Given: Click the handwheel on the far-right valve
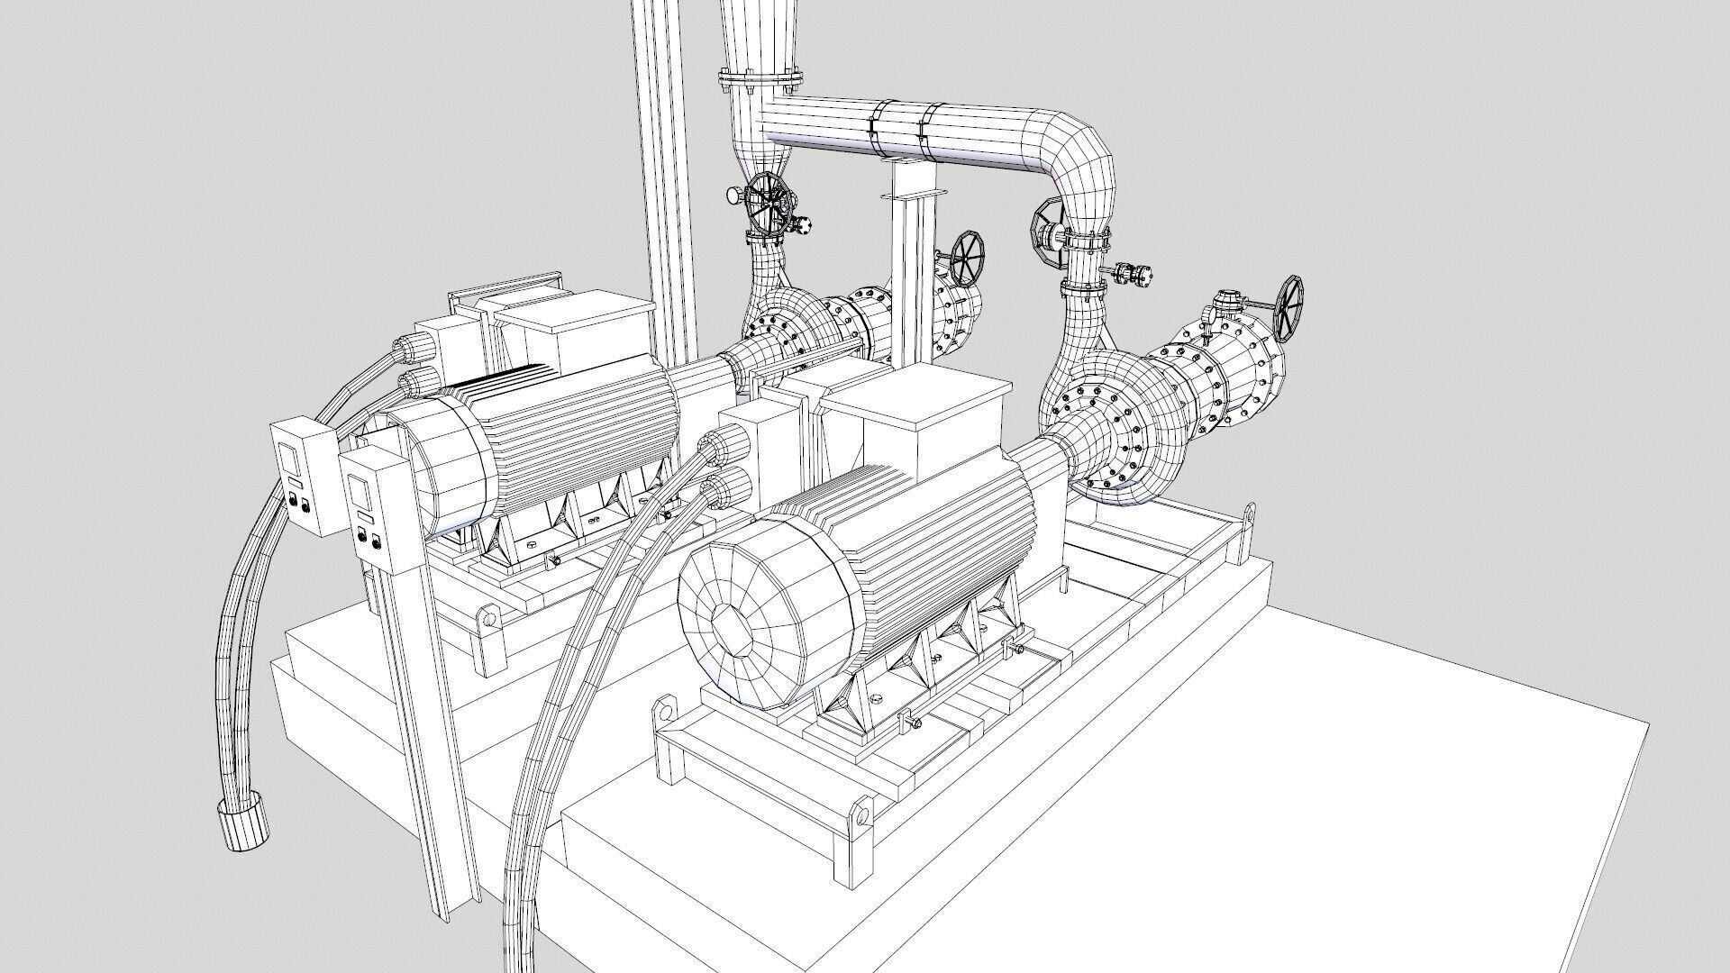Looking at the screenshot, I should [x=1289, y=308].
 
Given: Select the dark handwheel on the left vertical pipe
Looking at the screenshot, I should [x=769, y=205].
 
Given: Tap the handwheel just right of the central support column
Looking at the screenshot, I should [x=968, y=258].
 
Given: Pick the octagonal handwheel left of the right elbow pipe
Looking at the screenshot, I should [x=1046, y=232].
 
